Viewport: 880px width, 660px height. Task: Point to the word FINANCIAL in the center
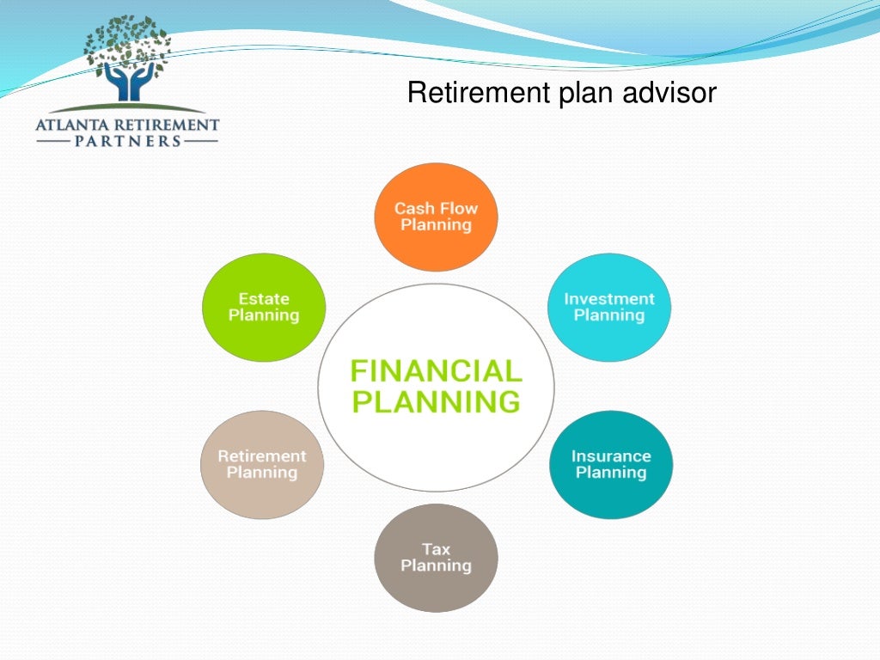436,371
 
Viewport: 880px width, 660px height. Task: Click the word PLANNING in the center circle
436,401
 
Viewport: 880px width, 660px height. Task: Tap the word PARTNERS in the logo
126,141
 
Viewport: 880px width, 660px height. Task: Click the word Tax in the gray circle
436,549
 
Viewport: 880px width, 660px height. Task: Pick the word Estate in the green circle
264,299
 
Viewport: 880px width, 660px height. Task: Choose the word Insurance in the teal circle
611,456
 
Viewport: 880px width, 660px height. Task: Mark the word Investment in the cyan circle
609,299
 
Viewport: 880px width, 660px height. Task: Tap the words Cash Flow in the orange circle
436,208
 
